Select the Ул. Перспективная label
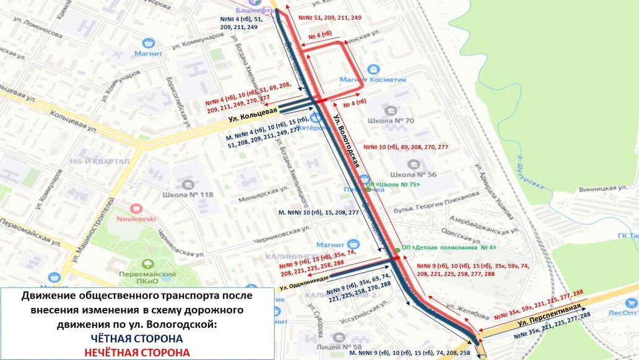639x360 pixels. click(549, 315)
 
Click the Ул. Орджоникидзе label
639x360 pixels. click(304, 282)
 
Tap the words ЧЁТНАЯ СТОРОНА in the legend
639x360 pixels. click(137, 339)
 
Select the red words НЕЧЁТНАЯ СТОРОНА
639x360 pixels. click(137, 353)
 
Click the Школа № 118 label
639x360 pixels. click(188, 195)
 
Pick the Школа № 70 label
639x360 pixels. click(390, 121)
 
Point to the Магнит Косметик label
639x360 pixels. click(373, 79)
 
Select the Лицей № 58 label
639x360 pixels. click(338, 346)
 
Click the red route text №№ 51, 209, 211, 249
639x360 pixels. click(329, 18)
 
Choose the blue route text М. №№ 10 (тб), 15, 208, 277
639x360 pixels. click(318, 213)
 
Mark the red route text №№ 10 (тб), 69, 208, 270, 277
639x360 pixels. click(406, 147)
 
